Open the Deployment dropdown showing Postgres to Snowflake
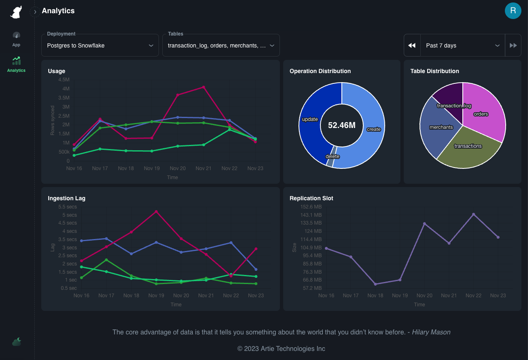(x=100, y=45)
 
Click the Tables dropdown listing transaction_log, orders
(x=221, y=45)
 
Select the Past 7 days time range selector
(x=462, y=45)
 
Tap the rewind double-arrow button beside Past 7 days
(x=412, y=45)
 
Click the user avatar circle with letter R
(x=513, y=11)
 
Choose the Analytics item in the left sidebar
(x=17, y=64)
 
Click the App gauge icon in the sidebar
(x=16, y=38)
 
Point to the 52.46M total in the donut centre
(x=342, y=125)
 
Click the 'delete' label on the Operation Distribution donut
(x=332, y=156)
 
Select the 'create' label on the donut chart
(x=374, y=129)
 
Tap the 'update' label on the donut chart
(x=310, y=119)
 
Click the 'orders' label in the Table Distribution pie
(x=481, y=114)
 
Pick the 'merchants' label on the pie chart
(x=441, y=127)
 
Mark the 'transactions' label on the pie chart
(x=468, y=146)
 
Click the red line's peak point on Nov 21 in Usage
(x=204, y=87)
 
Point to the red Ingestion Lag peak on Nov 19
(x=156, y=211)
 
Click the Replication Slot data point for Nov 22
(x=474, y=214)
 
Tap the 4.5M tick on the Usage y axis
(x=64, y=80)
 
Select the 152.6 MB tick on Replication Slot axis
(x=312, y=207)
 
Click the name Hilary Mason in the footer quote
(x=431, y=332)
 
